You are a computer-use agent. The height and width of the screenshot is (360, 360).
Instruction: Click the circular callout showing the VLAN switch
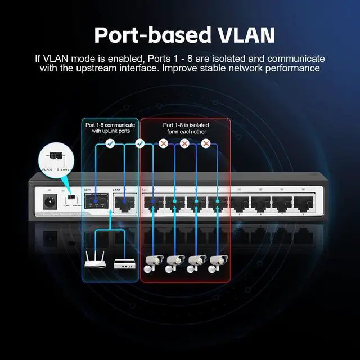coord(55,160)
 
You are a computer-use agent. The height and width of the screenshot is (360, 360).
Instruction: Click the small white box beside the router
coord(124,263)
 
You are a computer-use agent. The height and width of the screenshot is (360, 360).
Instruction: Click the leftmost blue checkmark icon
coord(110,144)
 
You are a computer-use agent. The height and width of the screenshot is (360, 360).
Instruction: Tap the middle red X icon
coord(184,144)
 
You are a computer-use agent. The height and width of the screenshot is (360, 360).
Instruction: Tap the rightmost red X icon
coord(206,144)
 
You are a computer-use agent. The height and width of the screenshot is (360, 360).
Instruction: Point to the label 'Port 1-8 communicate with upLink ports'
coord(110,128)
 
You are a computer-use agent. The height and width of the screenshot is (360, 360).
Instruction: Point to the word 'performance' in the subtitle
coord(291,68)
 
